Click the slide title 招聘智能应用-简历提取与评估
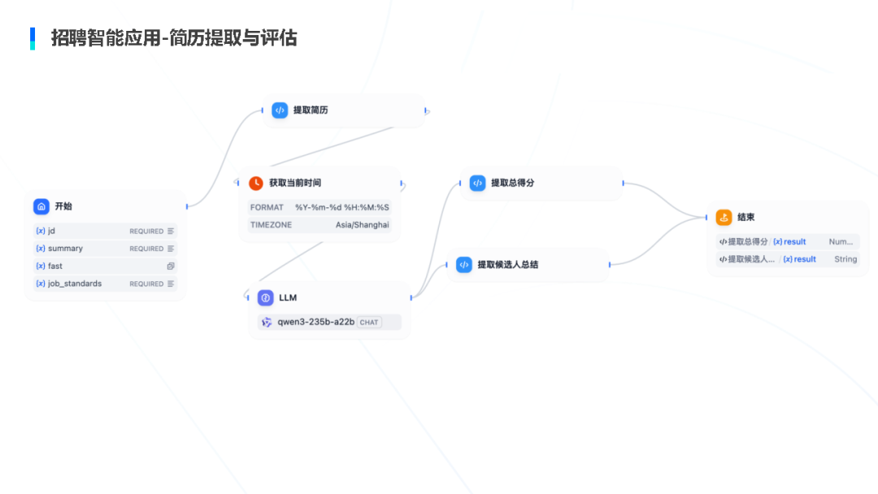point(173,38)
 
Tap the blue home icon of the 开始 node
point(41,206)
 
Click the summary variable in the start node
point(65,249)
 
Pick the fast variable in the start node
point(54,266)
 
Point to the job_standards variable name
point(74,284)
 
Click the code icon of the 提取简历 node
point(280,110)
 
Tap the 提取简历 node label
point(311,110)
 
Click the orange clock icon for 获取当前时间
point(256,183)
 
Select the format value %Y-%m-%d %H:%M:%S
point(341,207)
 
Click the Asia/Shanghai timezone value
point(362,225)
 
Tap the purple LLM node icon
point(266,298)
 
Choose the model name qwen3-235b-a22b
point(315,322)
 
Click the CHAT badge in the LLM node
point(369,323)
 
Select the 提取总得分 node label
point(512,183)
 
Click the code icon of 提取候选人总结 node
point(464,265)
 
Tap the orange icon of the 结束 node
point(724,218)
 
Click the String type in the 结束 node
point(845,259)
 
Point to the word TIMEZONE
point(271,225)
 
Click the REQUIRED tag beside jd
point(146,232)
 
